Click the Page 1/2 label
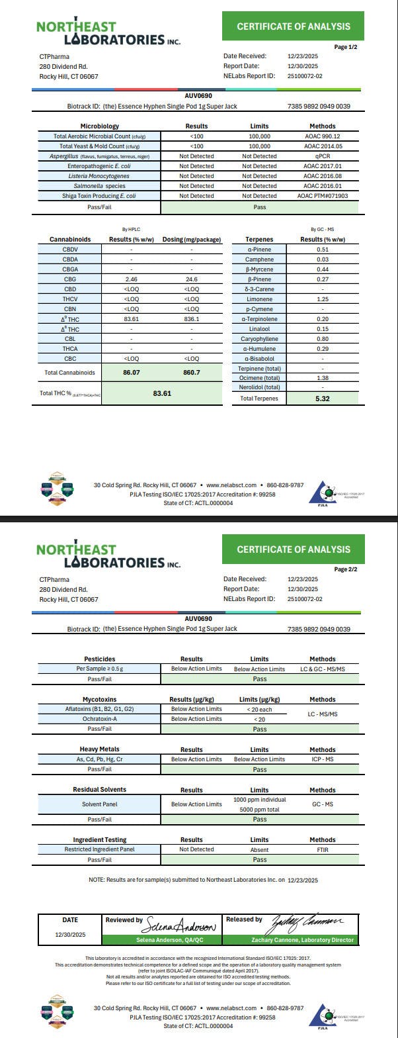coord(345,47)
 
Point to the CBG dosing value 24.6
coord(192,279)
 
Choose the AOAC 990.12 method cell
coord(322,136)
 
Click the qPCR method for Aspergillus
coord(322,156)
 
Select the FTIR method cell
coord(322,849)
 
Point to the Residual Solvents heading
coord(99,790)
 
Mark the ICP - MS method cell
coord(322,759)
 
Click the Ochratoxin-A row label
coord(99,719)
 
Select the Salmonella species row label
coord(99,186)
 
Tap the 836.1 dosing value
coord(192,319)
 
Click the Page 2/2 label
coord(345,569)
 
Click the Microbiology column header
coord(99,126)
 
